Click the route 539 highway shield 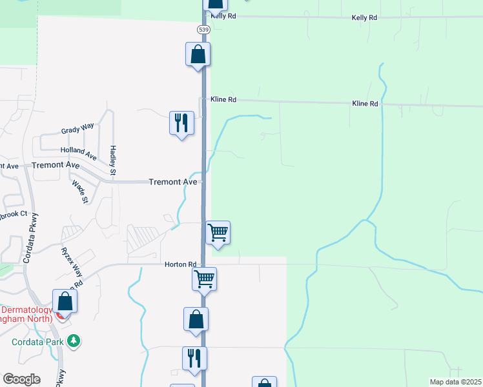[203, 30]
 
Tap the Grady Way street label [77, 130]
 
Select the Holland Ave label [78, 154]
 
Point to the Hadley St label [112, 159]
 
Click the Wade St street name [80, 192]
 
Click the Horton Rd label [180, 264]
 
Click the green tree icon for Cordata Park [74, 340]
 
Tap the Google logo [21, 379]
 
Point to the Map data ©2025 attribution [455, 382]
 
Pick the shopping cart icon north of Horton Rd [218, 232]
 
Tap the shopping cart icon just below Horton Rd [204, 279]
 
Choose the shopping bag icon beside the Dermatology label [65, 301]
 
